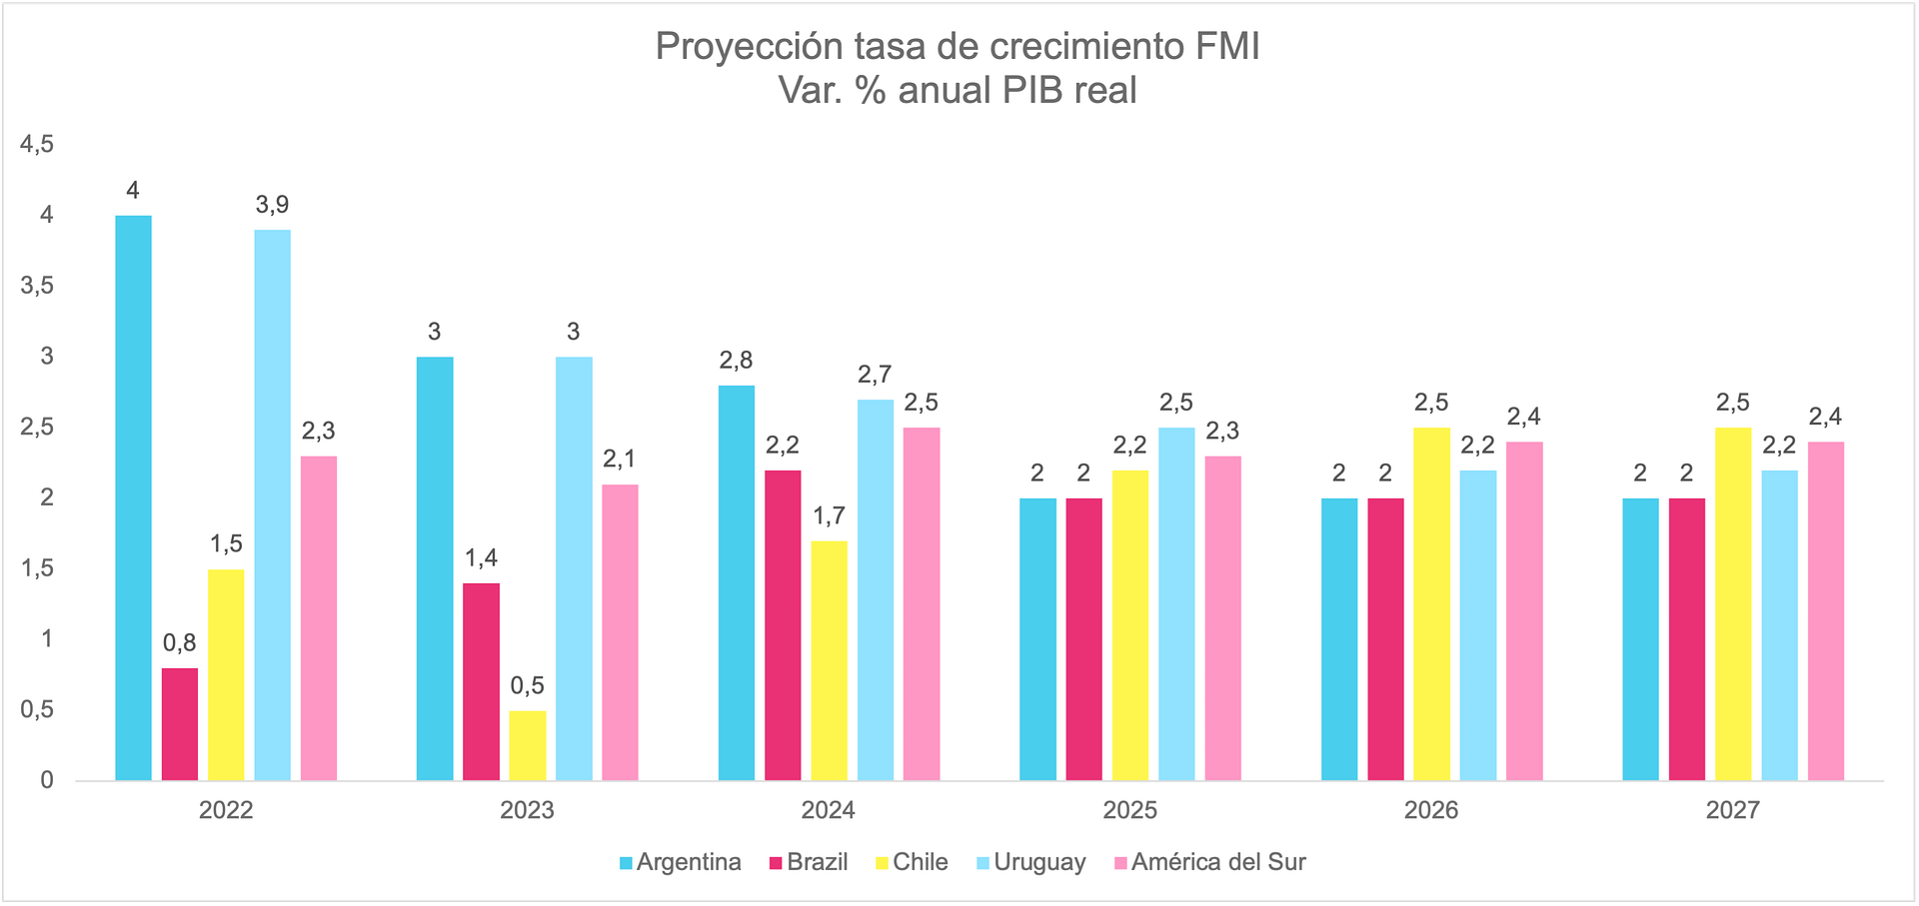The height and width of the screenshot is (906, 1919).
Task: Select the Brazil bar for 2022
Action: tap(180, 724)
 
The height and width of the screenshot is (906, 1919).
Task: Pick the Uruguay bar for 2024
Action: tap(876, 589)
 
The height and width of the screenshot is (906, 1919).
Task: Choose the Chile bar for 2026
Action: tap(1431, 603)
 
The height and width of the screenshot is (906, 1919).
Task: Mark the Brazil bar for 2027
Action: tap(1687, 639)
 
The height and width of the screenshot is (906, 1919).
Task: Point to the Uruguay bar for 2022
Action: tap(273, 504)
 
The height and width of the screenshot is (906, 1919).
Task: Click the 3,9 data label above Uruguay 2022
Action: tap(272, 205)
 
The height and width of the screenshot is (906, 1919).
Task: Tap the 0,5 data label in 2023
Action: tap(528, 686)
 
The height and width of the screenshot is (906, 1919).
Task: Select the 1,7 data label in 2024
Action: tap(829, 516)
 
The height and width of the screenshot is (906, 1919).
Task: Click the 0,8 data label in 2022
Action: tap(180, 643)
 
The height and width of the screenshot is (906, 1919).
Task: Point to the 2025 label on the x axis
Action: tap(1129, 810)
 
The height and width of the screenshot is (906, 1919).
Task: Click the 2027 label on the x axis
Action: tap(1732, 810)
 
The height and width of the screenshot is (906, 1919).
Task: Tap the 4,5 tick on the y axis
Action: tap(37, 145)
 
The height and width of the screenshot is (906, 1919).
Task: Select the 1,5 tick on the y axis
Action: tap(37, 568)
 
